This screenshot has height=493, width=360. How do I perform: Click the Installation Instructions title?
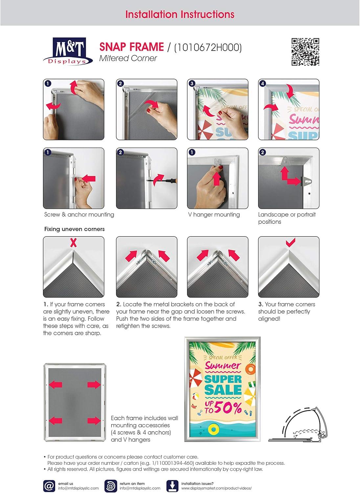point(180,14)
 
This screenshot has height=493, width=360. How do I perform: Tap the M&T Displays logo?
point(68,52)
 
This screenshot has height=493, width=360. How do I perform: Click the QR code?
point(305,52)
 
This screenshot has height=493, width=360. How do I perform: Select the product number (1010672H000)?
point(208,48)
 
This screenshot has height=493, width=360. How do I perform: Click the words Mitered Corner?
point(128,58)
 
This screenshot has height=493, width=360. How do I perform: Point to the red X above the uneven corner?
point(74,243)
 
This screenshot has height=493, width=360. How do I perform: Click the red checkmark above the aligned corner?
point(290,243)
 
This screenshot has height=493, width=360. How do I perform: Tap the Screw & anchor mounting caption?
point(79,215)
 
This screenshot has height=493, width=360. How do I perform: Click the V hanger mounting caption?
point(214,215)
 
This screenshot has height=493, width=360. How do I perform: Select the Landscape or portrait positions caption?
point(287,218)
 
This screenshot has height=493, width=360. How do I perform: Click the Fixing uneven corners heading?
point(75,229)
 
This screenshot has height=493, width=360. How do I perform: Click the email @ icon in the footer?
point(49,486)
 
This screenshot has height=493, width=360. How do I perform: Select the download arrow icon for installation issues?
point(172,486)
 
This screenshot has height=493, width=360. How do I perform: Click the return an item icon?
point(111,486)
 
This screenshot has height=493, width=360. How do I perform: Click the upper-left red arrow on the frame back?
point(56,385)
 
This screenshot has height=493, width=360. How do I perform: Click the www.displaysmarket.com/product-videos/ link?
point(216,488)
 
